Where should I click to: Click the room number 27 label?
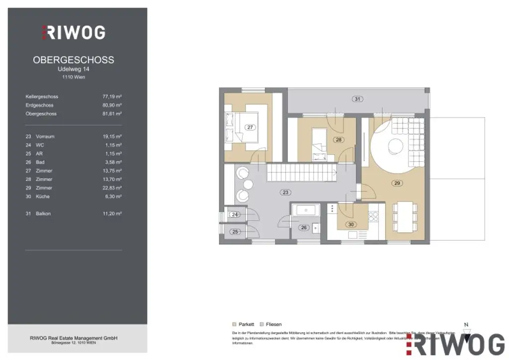251,128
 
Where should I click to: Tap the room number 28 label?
339,140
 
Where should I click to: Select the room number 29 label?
397,183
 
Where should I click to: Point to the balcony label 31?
357,99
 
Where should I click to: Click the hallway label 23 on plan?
285,192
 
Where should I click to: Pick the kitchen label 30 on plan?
351,224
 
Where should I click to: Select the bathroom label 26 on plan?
304,228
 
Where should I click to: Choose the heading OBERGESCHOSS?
74,60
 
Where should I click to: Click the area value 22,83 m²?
112,187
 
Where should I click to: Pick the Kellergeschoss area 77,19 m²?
112,96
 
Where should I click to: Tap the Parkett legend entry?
244,324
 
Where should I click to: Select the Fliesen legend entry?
271,324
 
